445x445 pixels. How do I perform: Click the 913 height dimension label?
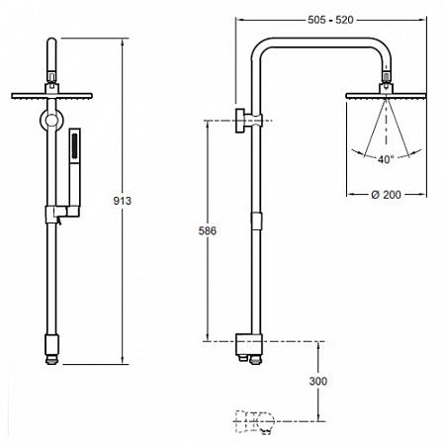click(122, 201)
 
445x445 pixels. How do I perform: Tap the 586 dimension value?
click(208, 230)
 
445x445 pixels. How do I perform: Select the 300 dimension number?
click(318, 381)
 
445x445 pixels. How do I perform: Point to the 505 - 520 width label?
click(330, 20)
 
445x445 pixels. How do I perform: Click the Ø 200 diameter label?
click(386, 195)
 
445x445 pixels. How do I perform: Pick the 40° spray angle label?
click(386, 159)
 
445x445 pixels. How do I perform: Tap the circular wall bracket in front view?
click(51, 120)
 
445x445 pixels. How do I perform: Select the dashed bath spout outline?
click(254, 421)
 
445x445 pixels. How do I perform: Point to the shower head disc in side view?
click(386, 96)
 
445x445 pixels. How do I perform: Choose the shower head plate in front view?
click(51, 96)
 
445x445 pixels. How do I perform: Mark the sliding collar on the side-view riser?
click(256, 221)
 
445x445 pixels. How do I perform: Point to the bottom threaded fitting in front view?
click(52, 361)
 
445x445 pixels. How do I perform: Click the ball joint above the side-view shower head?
click(387, 78)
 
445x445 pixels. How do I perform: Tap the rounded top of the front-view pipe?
click(51, 42)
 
